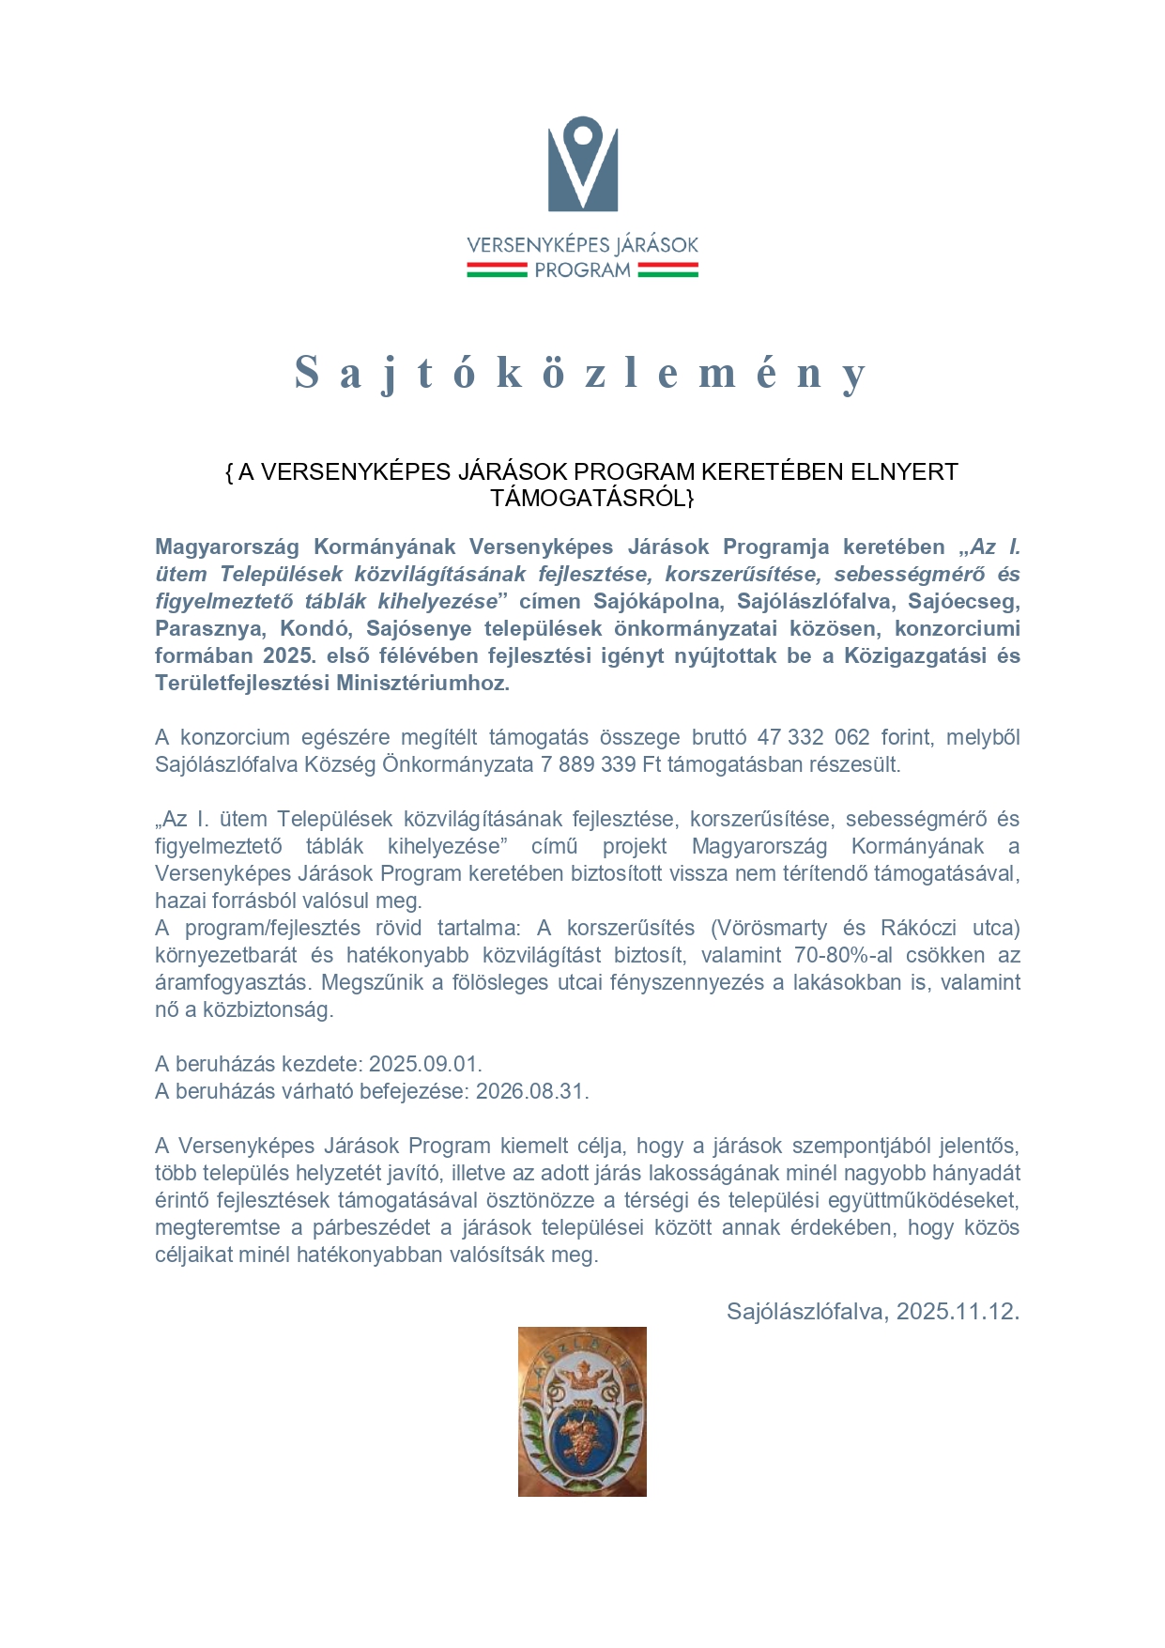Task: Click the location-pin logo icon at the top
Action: click(x=582, y=163)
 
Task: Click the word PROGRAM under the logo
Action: click(x=582, y=270)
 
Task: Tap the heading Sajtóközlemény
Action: click(x=580, y=373)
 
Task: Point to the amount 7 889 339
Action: click(x=588, y=764)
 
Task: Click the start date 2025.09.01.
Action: click(x=424, y=1064)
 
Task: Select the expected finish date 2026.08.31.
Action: click(x=531, y=1091)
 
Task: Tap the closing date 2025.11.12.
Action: click(x=957, y=1312)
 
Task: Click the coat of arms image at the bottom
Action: click(x=582, y=1410)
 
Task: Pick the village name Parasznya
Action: click(x=208, y=628)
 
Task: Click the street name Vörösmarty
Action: click(x=772, y=928)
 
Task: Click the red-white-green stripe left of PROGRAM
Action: click(x=497, y=270)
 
